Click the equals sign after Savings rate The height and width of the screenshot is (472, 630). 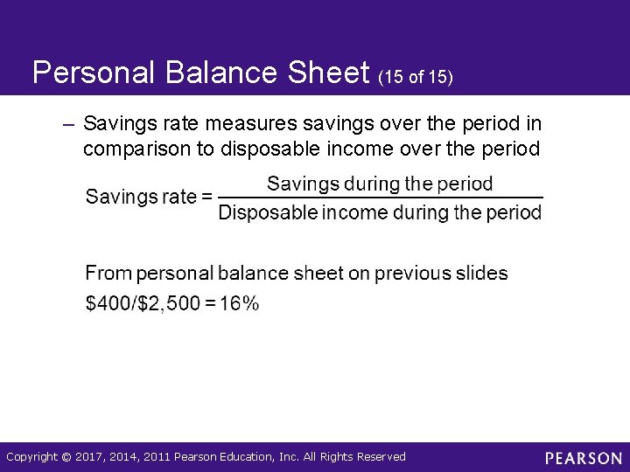(x=206, y=197)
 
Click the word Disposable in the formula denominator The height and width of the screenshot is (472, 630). (x=266, y=212)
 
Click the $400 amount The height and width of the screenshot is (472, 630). (x=108, y=303)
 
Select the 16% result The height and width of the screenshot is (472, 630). (x=239, y=303)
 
